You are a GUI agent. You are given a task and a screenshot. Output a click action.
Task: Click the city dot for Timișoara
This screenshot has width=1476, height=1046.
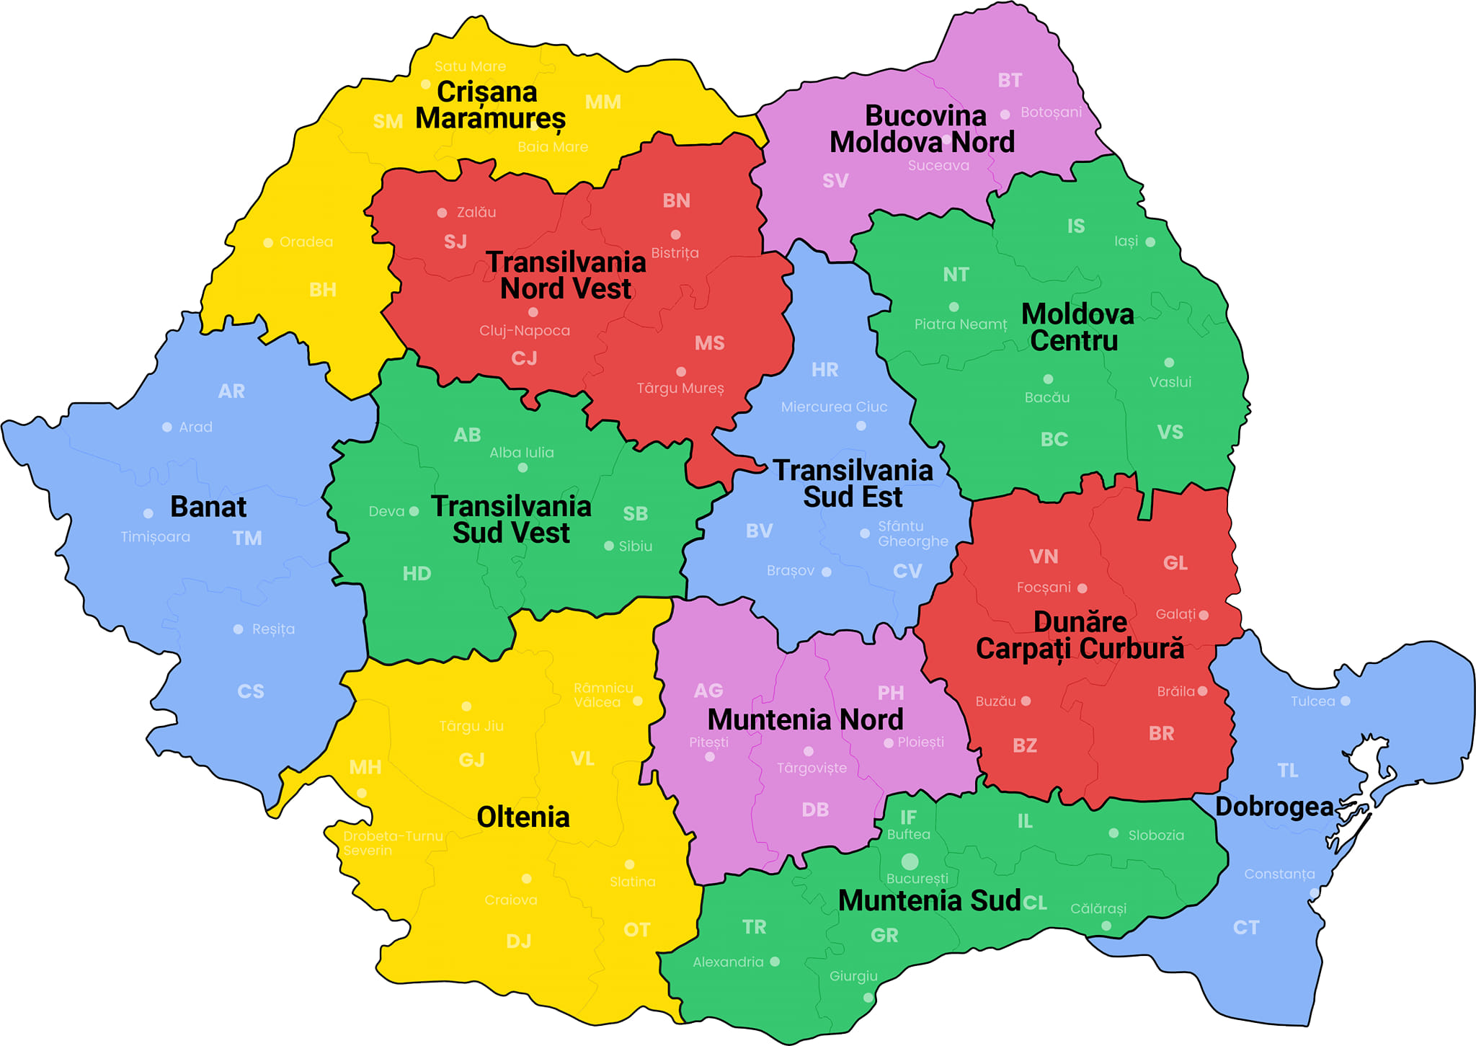(148, 513)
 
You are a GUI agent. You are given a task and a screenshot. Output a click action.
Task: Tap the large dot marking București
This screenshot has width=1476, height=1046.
(910, 861)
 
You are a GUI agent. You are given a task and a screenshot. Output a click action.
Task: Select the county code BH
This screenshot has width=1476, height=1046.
(323, 290)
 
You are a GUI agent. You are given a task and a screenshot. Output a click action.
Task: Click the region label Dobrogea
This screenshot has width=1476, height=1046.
(1273, 807)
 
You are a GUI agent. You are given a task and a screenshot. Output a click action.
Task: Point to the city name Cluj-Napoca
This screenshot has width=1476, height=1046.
(525, 331)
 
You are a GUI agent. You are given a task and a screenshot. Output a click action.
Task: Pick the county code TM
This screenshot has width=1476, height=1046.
(247, 538)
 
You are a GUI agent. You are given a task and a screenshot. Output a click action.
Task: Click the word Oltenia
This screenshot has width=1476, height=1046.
(523, 817)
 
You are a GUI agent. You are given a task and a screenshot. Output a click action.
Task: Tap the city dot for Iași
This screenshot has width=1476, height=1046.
(1150, 242)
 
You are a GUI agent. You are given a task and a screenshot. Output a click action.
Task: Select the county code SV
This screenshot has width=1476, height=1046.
(835, 181)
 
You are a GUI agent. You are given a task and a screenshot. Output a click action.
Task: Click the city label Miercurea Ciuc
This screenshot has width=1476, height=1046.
(834, 407)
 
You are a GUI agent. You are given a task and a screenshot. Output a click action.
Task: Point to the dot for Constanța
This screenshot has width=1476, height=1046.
(1314, 893)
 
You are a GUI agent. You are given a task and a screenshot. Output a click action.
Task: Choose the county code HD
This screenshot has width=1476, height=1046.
(417, 574)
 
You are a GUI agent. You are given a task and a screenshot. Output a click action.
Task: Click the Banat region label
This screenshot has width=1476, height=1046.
(208, 507)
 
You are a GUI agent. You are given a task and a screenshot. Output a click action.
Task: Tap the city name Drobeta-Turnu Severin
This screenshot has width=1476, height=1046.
(392, 843)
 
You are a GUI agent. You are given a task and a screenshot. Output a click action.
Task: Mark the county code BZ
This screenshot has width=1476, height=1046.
(1025, 745)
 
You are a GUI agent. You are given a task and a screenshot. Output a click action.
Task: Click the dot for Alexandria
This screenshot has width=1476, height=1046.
(775, 962)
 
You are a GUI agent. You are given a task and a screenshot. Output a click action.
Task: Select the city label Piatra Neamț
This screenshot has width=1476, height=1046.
(960, 324)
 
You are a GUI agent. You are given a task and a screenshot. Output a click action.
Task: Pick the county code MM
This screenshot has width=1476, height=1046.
(603, 102)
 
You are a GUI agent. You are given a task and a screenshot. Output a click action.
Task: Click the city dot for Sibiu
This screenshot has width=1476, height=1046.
(609, 546)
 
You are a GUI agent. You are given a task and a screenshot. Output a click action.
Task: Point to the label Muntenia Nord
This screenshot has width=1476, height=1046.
(805, 719)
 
